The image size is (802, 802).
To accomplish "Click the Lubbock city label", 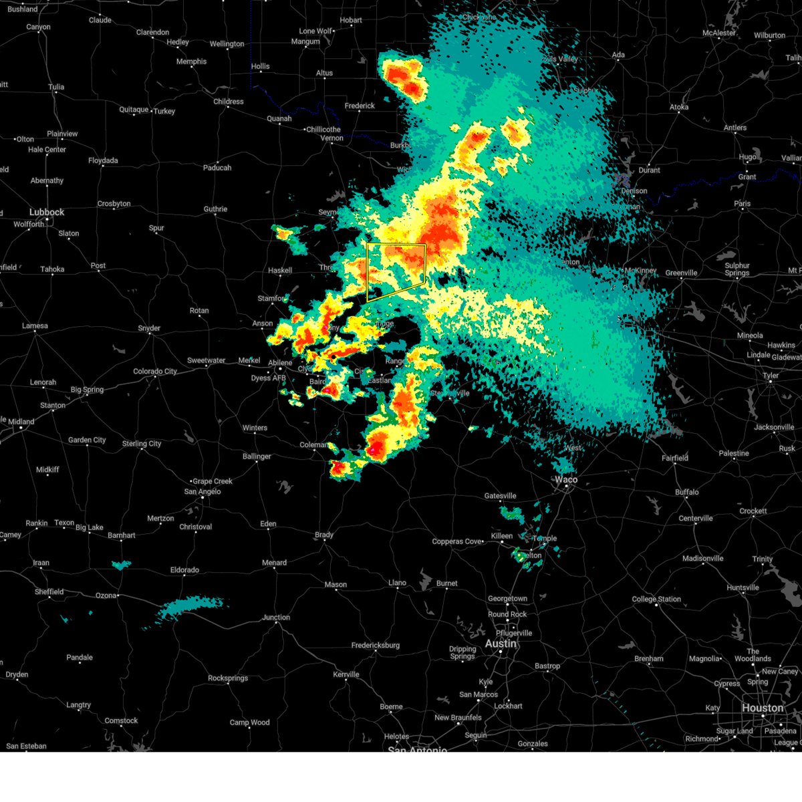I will tap(47, 213).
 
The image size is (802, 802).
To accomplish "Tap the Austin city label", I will tap(501, 644).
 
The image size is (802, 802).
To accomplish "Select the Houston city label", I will tap(762, 708).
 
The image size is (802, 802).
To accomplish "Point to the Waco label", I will tap(565, 480).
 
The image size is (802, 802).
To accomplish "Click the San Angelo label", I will tap(203, 492).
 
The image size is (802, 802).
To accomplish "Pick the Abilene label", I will tap(280, 363).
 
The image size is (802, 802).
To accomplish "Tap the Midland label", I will tap(21, 422).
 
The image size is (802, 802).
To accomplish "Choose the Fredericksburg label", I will tap(375, 646).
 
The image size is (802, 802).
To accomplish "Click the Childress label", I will tap(229, 102).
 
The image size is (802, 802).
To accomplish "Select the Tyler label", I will tap(771, 376).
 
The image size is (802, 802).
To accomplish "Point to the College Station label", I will tap(656, 599).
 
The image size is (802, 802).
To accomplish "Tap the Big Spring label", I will tap(88, 390).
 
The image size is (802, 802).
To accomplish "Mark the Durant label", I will tap(649, 170).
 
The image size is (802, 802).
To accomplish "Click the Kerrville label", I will tap(346, 674).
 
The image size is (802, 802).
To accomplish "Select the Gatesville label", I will tap(500, 496).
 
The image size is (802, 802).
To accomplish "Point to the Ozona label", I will tap(106, 595).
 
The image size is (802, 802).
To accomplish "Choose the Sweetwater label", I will tap(206, 361).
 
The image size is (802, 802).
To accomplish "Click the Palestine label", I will tap(734, 454).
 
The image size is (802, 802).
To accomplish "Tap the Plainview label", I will tap(62, 134).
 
